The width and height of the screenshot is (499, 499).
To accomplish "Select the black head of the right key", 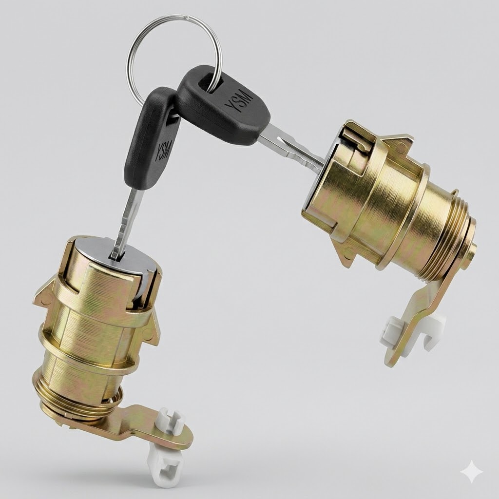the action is (223, 105).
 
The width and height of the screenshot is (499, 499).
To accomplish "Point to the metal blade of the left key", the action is (127, 222).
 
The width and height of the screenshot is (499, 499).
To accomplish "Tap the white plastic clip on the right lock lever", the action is (410, 331).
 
